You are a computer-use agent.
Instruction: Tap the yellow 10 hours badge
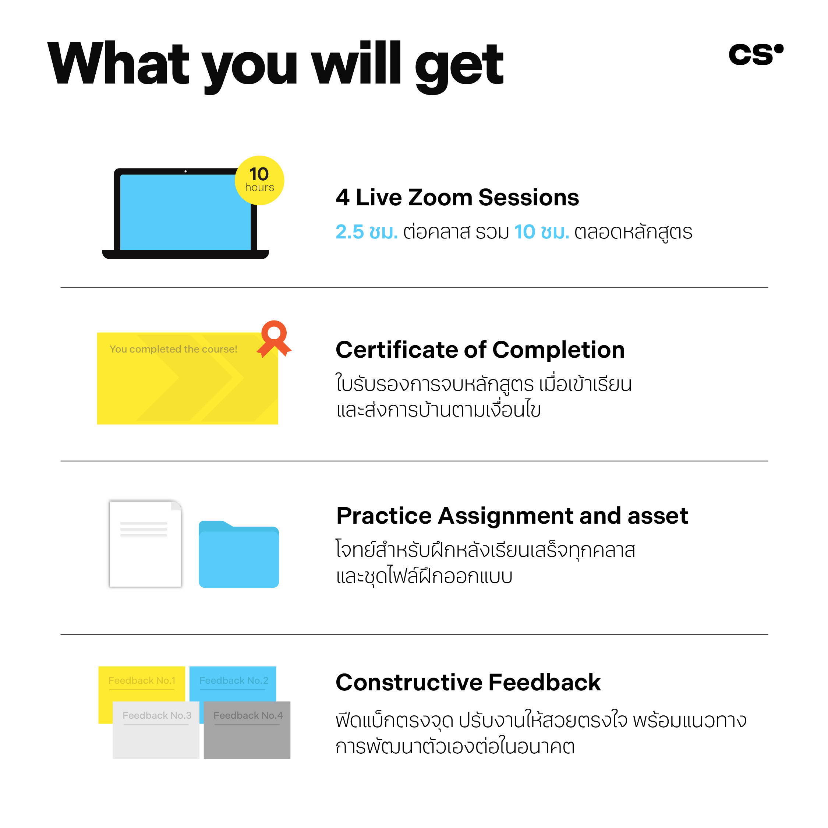[259, 180]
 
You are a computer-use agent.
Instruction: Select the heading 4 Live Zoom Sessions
[457, 198]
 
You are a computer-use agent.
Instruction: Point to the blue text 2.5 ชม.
[367, 232]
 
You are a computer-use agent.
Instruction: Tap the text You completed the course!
[173, 349]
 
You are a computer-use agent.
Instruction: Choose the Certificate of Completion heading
[480, 350]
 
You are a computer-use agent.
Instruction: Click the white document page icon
[145, 544]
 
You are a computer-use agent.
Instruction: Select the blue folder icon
[239, 554]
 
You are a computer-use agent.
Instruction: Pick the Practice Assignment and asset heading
[512, 516]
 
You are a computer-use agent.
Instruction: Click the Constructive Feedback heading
[468, 683]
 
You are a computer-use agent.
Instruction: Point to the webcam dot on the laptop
[185, 171]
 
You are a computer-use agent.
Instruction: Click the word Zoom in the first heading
[440, 198]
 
